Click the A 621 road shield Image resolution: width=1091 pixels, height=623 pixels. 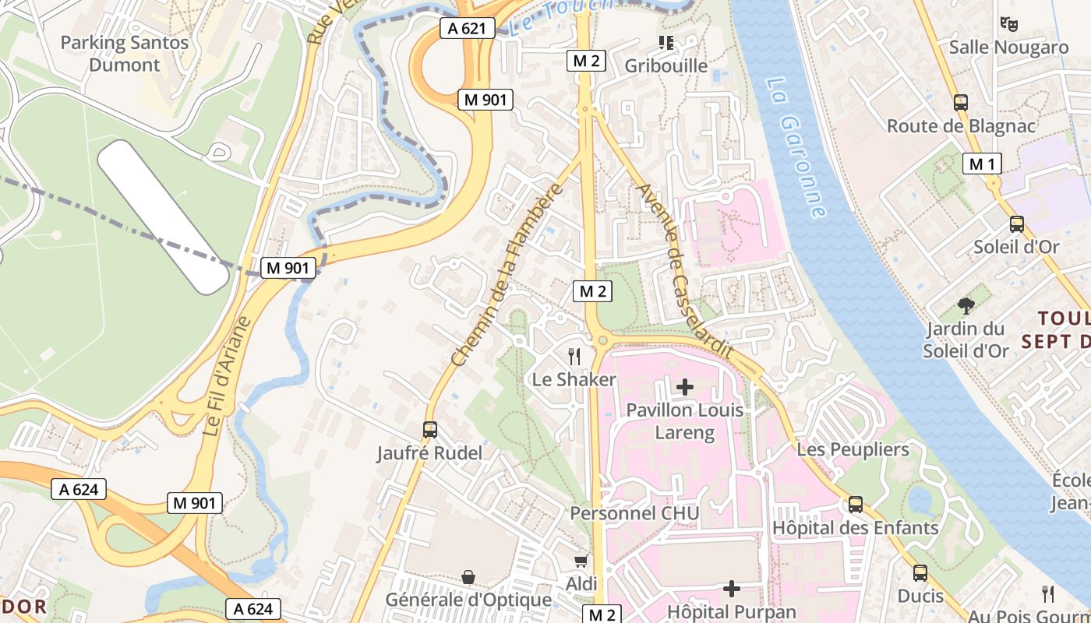468,29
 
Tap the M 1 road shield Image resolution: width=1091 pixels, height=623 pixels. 982,164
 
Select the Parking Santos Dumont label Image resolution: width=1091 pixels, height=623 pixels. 125,54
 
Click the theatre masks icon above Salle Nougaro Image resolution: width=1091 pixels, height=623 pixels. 1009,24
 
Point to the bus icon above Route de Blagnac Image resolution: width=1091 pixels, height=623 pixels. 961,102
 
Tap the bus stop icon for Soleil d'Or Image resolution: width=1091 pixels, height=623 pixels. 1016,224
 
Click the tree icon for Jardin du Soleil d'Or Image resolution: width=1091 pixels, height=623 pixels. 966,306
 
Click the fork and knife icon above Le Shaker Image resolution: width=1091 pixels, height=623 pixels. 574,357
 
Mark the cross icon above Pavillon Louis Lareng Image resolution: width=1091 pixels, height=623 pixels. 685,386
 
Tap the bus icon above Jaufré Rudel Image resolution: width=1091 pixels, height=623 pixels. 429,429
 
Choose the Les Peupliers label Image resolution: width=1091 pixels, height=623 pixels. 853,449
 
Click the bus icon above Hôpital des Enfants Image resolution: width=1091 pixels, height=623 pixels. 856,505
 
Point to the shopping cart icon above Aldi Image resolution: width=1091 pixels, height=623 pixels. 581,561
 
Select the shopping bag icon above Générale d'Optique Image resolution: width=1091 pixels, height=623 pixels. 468,577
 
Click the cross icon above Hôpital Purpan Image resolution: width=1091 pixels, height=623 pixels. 732,589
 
